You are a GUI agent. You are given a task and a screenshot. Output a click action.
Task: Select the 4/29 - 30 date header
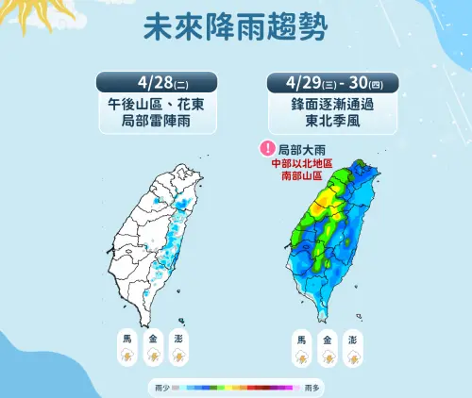(321, 81)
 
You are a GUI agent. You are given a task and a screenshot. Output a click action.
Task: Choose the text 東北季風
(322, 124)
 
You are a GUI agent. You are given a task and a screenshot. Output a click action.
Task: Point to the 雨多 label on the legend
(311, 387)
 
